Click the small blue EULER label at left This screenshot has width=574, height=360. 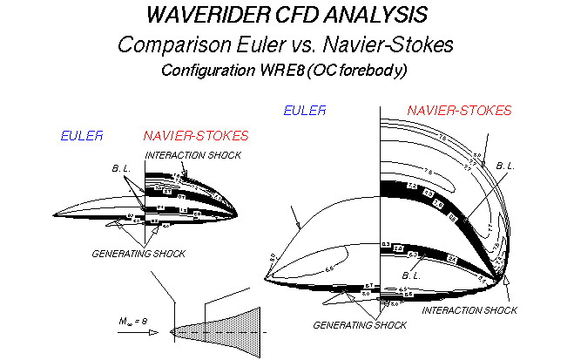tap(82, 136)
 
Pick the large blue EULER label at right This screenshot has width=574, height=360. tap(305, 110)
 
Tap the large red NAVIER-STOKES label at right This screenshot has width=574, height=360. tap(459, 111)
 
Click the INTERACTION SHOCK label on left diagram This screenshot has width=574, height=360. tap(192, 155)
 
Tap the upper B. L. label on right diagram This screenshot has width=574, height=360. tap(505, 166)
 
